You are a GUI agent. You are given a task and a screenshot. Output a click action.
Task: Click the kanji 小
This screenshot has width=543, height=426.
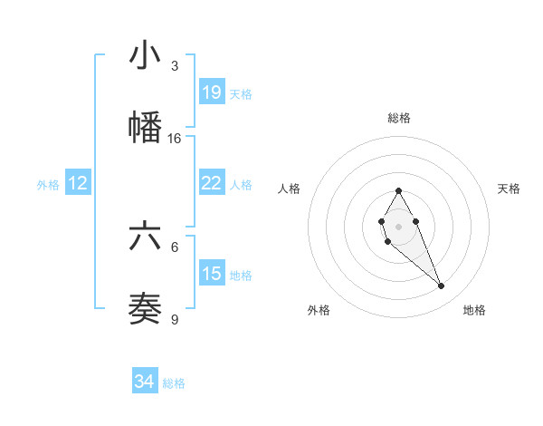point(145,56)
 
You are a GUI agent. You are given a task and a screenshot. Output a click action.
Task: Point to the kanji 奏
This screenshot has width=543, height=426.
point(145,308)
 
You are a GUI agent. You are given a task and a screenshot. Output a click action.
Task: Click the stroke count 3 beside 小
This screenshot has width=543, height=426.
point(175,66)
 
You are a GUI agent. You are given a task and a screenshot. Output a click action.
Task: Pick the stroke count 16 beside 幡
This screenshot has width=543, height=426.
point(175,139)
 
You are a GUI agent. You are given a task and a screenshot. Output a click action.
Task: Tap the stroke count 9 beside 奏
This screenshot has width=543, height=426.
point(175,319)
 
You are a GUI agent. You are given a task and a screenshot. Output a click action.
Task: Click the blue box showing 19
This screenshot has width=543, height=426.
point(212,92)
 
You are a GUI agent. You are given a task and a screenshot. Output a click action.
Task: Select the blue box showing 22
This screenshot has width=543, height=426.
point(212,183)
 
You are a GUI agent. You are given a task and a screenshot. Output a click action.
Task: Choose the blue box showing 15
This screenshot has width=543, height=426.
point(212,274)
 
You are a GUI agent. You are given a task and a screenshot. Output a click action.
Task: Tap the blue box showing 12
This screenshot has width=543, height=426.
point(78,183)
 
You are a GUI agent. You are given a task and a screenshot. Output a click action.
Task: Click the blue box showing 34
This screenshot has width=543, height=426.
point(145,382)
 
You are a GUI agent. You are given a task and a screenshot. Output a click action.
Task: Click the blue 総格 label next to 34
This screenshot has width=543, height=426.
point(174,383)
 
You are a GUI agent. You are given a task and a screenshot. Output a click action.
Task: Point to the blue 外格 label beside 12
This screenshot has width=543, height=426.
point(48,185)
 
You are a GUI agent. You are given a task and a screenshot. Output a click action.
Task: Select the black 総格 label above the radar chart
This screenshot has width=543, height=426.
point(398,118)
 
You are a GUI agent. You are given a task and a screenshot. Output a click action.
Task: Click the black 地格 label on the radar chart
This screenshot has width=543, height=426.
point(474,310)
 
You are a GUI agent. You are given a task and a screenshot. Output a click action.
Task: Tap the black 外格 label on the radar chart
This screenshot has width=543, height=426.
point(319,310)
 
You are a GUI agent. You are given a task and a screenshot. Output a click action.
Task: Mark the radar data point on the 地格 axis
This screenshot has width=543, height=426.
point(442,286)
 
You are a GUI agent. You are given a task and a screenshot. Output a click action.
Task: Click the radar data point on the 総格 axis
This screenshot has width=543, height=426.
point(398,190)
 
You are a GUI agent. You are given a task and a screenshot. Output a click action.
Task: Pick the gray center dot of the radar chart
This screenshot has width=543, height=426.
point(398,225)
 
